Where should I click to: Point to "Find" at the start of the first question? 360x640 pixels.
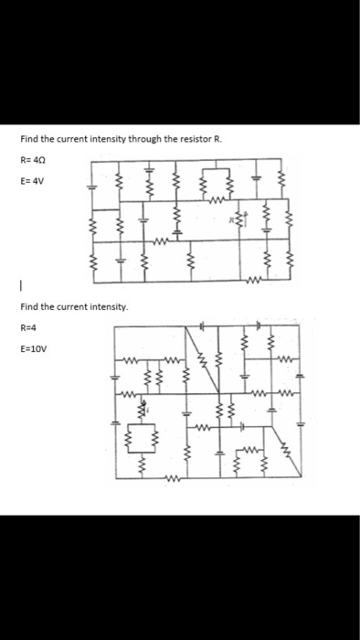[x=28, y=139]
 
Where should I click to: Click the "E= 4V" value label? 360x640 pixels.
[x=31, y=180]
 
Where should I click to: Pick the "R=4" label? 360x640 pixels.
[x=28, y=325]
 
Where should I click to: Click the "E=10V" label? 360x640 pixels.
[x=32, y=347]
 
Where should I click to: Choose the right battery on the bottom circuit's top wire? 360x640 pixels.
[x=259, y=325]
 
